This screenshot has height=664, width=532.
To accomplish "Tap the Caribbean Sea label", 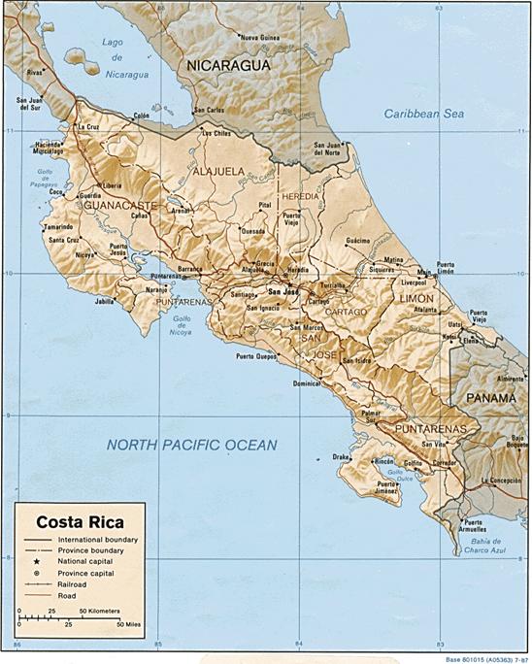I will (424, 114).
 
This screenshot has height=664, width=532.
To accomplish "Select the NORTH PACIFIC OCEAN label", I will (191, 445).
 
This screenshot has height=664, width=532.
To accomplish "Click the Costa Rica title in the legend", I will (74, 518).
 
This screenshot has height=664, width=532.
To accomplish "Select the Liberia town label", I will (112, 185).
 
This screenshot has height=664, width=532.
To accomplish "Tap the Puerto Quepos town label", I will (254, 356).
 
